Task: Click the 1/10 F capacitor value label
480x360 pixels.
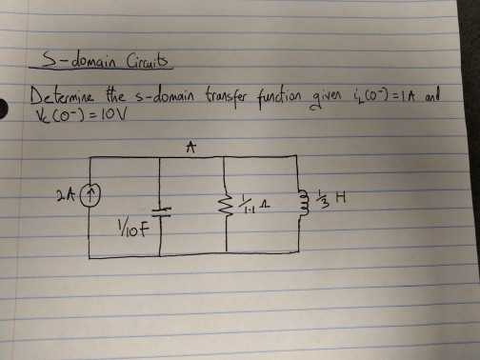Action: click(130, 229)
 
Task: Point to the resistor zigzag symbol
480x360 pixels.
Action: click(225, 200)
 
